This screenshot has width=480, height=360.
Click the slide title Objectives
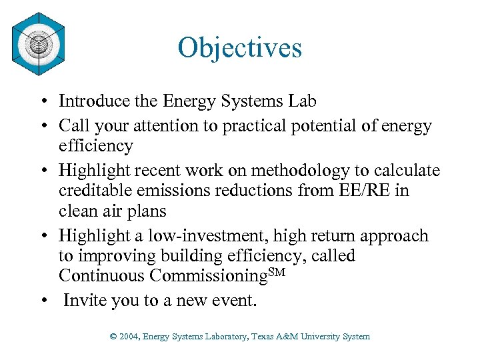click(x=239, y=47)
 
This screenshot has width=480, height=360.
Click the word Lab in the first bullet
click(x=303, y=101)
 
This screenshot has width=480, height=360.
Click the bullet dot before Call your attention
click(x=41, y=126)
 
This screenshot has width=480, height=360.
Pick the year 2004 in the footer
click(x=130, y=337)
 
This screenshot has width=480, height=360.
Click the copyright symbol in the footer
click(x=113, y=337)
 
